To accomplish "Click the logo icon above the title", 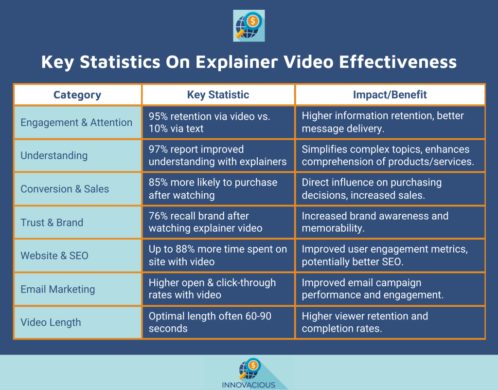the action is [249, 25].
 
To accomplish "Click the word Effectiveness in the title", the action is [398, 62].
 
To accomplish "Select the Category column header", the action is [77, 95].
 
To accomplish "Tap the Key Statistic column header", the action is [218, 95].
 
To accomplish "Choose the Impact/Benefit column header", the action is [390, 95].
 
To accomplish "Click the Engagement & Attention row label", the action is [76, 122].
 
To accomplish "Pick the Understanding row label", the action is [54, 156].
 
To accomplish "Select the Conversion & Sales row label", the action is [65, 189].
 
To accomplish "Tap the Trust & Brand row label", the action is [52, 223].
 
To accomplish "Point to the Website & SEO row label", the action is [54, 256].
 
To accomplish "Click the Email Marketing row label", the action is [58, 289].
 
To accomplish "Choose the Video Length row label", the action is [51, 322].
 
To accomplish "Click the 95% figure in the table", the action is [158, 116].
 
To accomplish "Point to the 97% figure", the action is [158, 149].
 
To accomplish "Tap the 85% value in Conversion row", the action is [158, 183].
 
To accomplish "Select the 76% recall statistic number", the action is [158, 216].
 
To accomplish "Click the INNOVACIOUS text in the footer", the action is [249, 385].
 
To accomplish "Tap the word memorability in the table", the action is [333, 228].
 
